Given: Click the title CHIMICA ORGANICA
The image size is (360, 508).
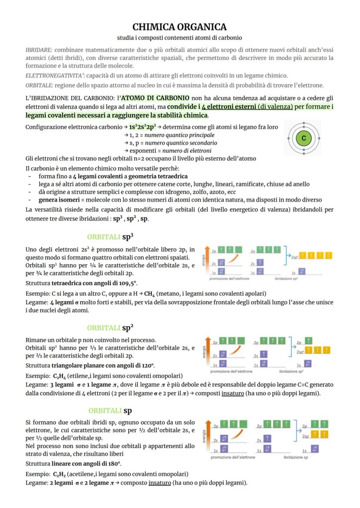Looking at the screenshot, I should (180, 27).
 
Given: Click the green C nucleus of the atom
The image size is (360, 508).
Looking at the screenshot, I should (304, 138).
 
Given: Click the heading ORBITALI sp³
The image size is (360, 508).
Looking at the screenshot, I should (110, 237).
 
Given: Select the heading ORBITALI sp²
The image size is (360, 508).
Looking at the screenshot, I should (110, 328).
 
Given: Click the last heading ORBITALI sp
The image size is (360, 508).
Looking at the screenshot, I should (110, 411).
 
